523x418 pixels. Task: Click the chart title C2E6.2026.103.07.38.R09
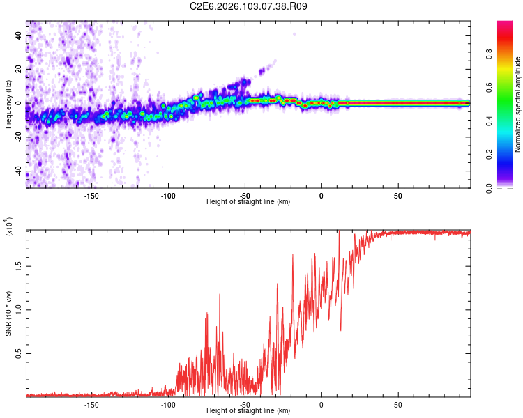tap(249, 7)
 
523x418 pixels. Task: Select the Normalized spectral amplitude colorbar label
tap(518, 104)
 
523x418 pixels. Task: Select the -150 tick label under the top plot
tap(91, 196)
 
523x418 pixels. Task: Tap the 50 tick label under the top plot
tap(397, 196)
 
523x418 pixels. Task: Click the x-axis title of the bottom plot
tap(249, 411)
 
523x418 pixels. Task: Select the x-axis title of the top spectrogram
tap(249, 202)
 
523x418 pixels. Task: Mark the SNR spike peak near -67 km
tap(220, 294)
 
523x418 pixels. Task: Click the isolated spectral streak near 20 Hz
tap(263, 70)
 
